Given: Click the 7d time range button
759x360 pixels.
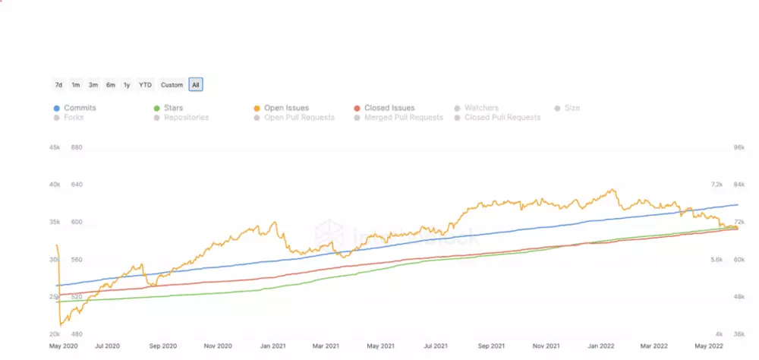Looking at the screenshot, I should [x=58, y=84].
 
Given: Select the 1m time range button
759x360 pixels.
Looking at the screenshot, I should [x=76, y=84].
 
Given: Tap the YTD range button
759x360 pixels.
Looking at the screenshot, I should [x=145, y=84].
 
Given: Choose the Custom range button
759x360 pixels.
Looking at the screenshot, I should [x=172, y=84].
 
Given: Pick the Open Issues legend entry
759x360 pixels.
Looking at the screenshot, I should [x=286, y=108].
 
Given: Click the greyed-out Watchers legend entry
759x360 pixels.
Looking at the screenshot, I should [x=481, y=108].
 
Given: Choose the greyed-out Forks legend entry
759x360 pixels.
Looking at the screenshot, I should [x=74, y=118].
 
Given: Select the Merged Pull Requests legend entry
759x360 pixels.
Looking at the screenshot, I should [x=403, y=118].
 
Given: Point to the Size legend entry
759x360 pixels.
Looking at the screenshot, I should [x=572, y=108].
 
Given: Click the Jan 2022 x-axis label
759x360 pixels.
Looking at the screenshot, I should [x=603, y=345].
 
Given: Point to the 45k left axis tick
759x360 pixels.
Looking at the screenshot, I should [x=54, y=147].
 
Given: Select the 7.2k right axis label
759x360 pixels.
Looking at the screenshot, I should [x=717, y=185].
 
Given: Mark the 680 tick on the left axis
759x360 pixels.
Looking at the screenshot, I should [x=76, y=147].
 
